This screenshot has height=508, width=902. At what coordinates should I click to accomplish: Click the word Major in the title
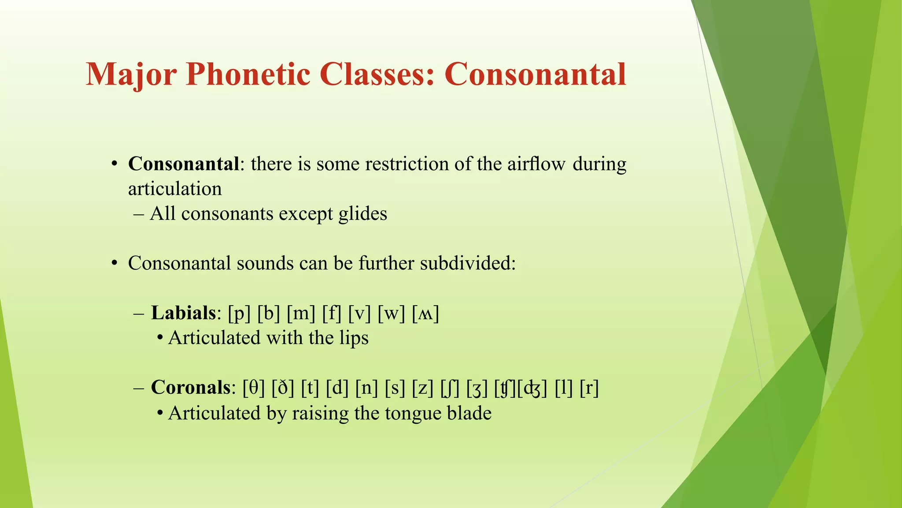coord(131,74)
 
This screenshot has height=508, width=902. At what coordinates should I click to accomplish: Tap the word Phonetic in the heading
coord(248,74)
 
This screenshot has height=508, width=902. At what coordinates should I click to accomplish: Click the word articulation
coord(175,189)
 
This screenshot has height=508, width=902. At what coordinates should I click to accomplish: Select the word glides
coord(363,214)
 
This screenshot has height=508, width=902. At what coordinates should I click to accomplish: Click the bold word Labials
coord(183,313)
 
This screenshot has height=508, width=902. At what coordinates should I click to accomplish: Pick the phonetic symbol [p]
coord(239,314)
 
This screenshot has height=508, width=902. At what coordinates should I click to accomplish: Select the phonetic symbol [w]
coord(391,314)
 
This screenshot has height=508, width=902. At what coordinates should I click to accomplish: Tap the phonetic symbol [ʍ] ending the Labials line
coord(425,314)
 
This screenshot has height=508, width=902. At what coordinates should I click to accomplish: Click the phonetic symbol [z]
coord(423,388)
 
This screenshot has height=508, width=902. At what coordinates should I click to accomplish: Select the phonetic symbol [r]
coord(589,388)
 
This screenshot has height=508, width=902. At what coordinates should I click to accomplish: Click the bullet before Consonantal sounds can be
coord(115,264)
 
